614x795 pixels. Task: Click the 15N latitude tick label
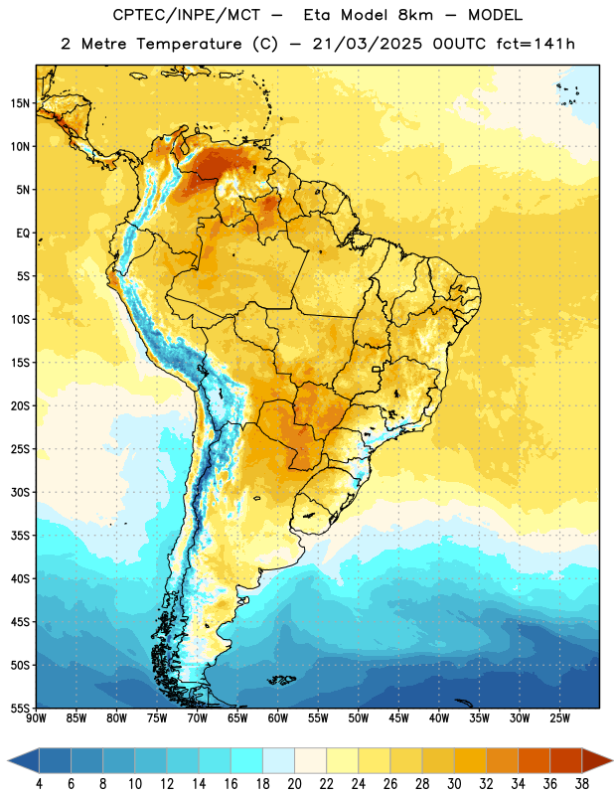20,103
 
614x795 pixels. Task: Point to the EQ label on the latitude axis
23,234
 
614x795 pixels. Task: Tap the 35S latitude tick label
20,536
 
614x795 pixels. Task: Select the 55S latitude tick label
20,708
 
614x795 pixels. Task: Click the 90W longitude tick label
36,718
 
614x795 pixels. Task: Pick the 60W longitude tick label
278,718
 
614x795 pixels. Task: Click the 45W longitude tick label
399,718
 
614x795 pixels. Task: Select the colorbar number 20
294,784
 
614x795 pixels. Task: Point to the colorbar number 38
582,784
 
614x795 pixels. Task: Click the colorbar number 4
39,784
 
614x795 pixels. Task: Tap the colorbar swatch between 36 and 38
566,760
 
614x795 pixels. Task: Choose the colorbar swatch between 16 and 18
247,760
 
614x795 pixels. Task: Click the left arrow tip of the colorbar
8,760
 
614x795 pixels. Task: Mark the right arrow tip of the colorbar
612,760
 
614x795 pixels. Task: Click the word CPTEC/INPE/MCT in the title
187,16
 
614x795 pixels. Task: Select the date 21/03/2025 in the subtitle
367,44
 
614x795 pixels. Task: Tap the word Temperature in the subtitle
189,45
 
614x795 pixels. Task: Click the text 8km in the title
415,16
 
